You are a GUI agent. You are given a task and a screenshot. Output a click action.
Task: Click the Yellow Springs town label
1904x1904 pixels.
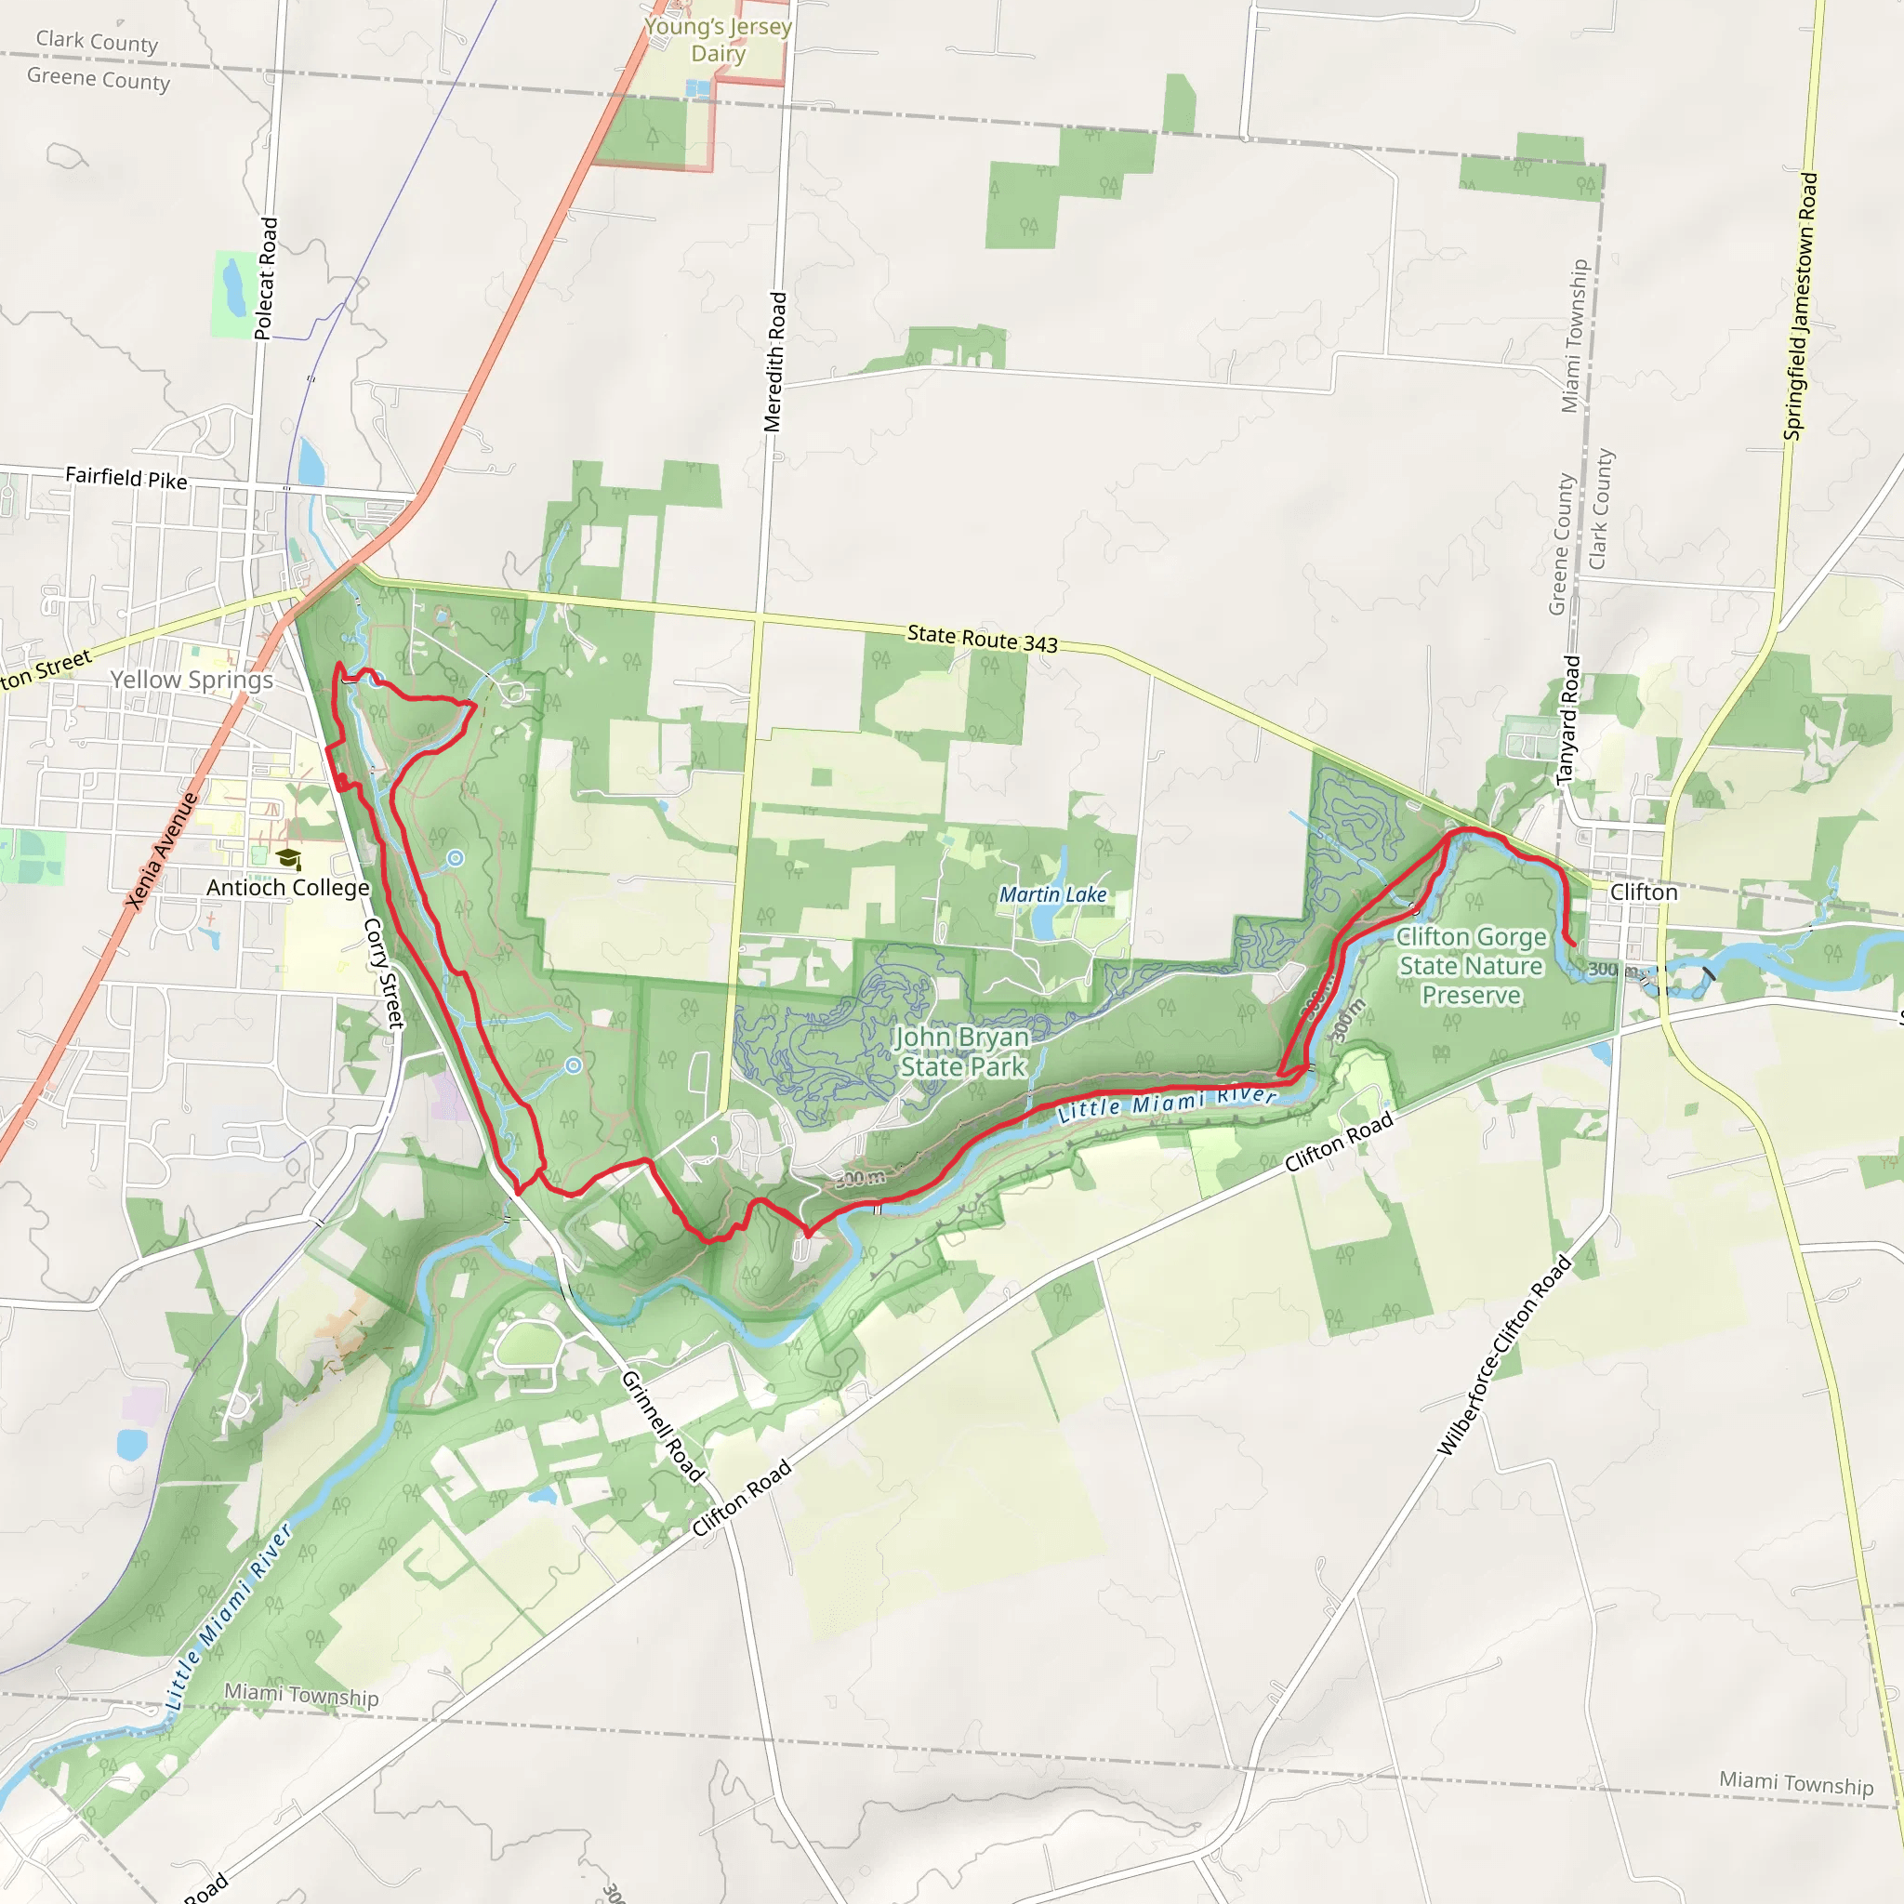pyautogui.click(x=192, y=680)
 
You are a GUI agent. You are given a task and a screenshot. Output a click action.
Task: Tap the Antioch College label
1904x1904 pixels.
pyautogui.click(x=288, y=888)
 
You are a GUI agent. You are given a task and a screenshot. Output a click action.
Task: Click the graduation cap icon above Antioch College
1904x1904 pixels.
pyautogui.click(x=288, y=858)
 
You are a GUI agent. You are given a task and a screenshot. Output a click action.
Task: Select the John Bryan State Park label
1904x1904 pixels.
pyautogui.click(x=962, y=1051)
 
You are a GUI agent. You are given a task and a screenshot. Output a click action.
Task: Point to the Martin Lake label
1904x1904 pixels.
pyautogui.click(x=1052, y=895)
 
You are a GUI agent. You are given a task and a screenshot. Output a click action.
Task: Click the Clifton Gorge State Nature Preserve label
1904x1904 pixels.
pyautogui.click(x=1471, y=966)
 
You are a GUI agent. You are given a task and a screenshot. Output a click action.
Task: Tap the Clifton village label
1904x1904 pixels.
pyautogui.click(x=1643, y=892)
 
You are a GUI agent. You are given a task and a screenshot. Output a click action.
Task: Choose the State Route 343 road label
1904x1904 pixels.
pyautogui.click(x=982, y=639)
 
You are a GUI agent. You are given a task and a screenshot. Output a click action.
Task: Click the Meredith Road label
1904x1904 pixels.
pyautogui.click(x=775, y=362)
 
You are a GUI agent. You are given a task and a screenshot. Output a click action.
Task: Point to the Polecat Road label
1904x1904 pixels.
pyautogui.click(x=266, y=279)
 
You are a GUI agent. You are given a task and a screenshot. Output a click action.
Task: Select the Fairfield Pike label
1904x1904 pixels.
pyautogui.click(x=126, y=478)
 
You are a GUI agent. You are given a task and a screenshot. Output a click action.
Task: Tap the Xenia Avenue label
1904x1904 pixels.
pyautogui.click(x=163, y=851)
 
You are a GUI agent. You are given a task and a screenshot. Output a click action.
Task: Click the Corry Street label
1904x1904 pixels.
pyautogui.click(x=384, y=973)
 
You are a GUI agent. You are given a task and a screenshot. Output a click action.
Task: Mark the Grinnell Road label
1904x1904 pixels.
pyautogui.click(x=662, y=1426)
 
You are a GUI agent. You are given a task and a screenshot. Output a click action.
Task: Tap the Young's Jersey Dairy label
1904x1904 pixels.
pyautogui.click(x=718, y=39)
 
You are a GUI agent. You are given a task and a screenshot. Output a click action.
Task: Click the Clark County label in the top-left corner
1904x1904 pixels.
pyautogui.click(x=97, y=42)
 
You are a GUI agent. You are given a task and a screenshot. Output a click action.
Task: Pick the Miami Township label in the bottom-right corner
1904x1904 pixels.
pyautogui.click(x=1795, y=1783)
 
